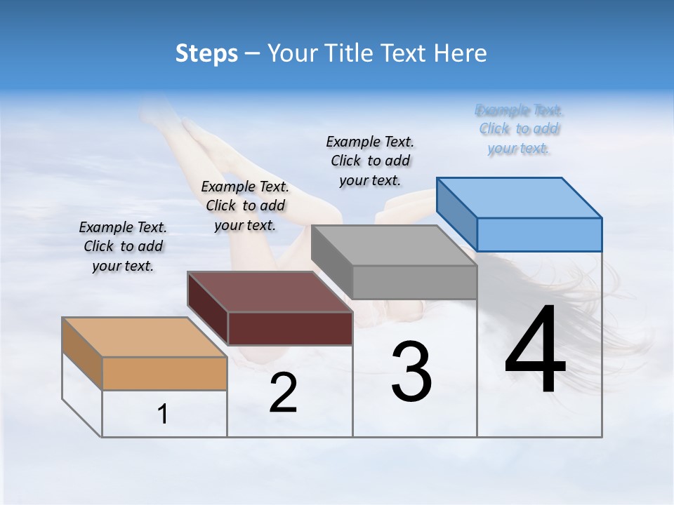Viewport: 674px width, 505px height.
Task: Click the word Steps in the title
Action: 206,53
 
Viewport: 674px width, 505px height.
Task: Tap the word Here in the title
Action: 461,53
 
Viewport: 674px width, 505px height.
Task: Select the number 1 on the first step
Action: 163,415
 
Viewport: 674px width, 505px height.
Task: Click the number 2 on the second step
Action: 283,393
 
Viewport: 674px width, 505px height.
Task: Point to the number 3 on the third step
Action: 411,372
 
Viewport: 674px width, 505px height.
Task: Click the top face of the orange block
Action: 144,337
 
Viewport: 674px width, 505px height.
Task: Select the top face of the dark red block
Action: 270,291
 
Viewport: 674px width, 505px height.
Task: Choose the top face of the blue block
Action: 520,197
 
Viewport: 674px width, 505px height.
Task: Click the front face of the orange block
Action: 164,373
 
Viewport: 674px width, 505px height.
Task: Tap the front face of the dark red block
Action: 290,328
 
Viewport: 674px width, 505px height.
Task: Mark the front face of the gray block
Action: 414,282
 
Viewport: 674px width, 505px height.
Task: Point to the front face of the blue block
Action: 539,234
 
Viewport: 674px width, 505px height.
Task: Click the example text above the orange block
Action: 123,246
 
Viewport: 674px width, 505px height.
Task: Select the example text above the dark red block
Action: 245,206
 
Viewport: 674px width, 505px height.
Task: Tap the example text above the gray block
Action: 370,161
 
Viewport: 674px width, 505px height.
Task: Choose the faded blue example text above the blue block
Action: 519,129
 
